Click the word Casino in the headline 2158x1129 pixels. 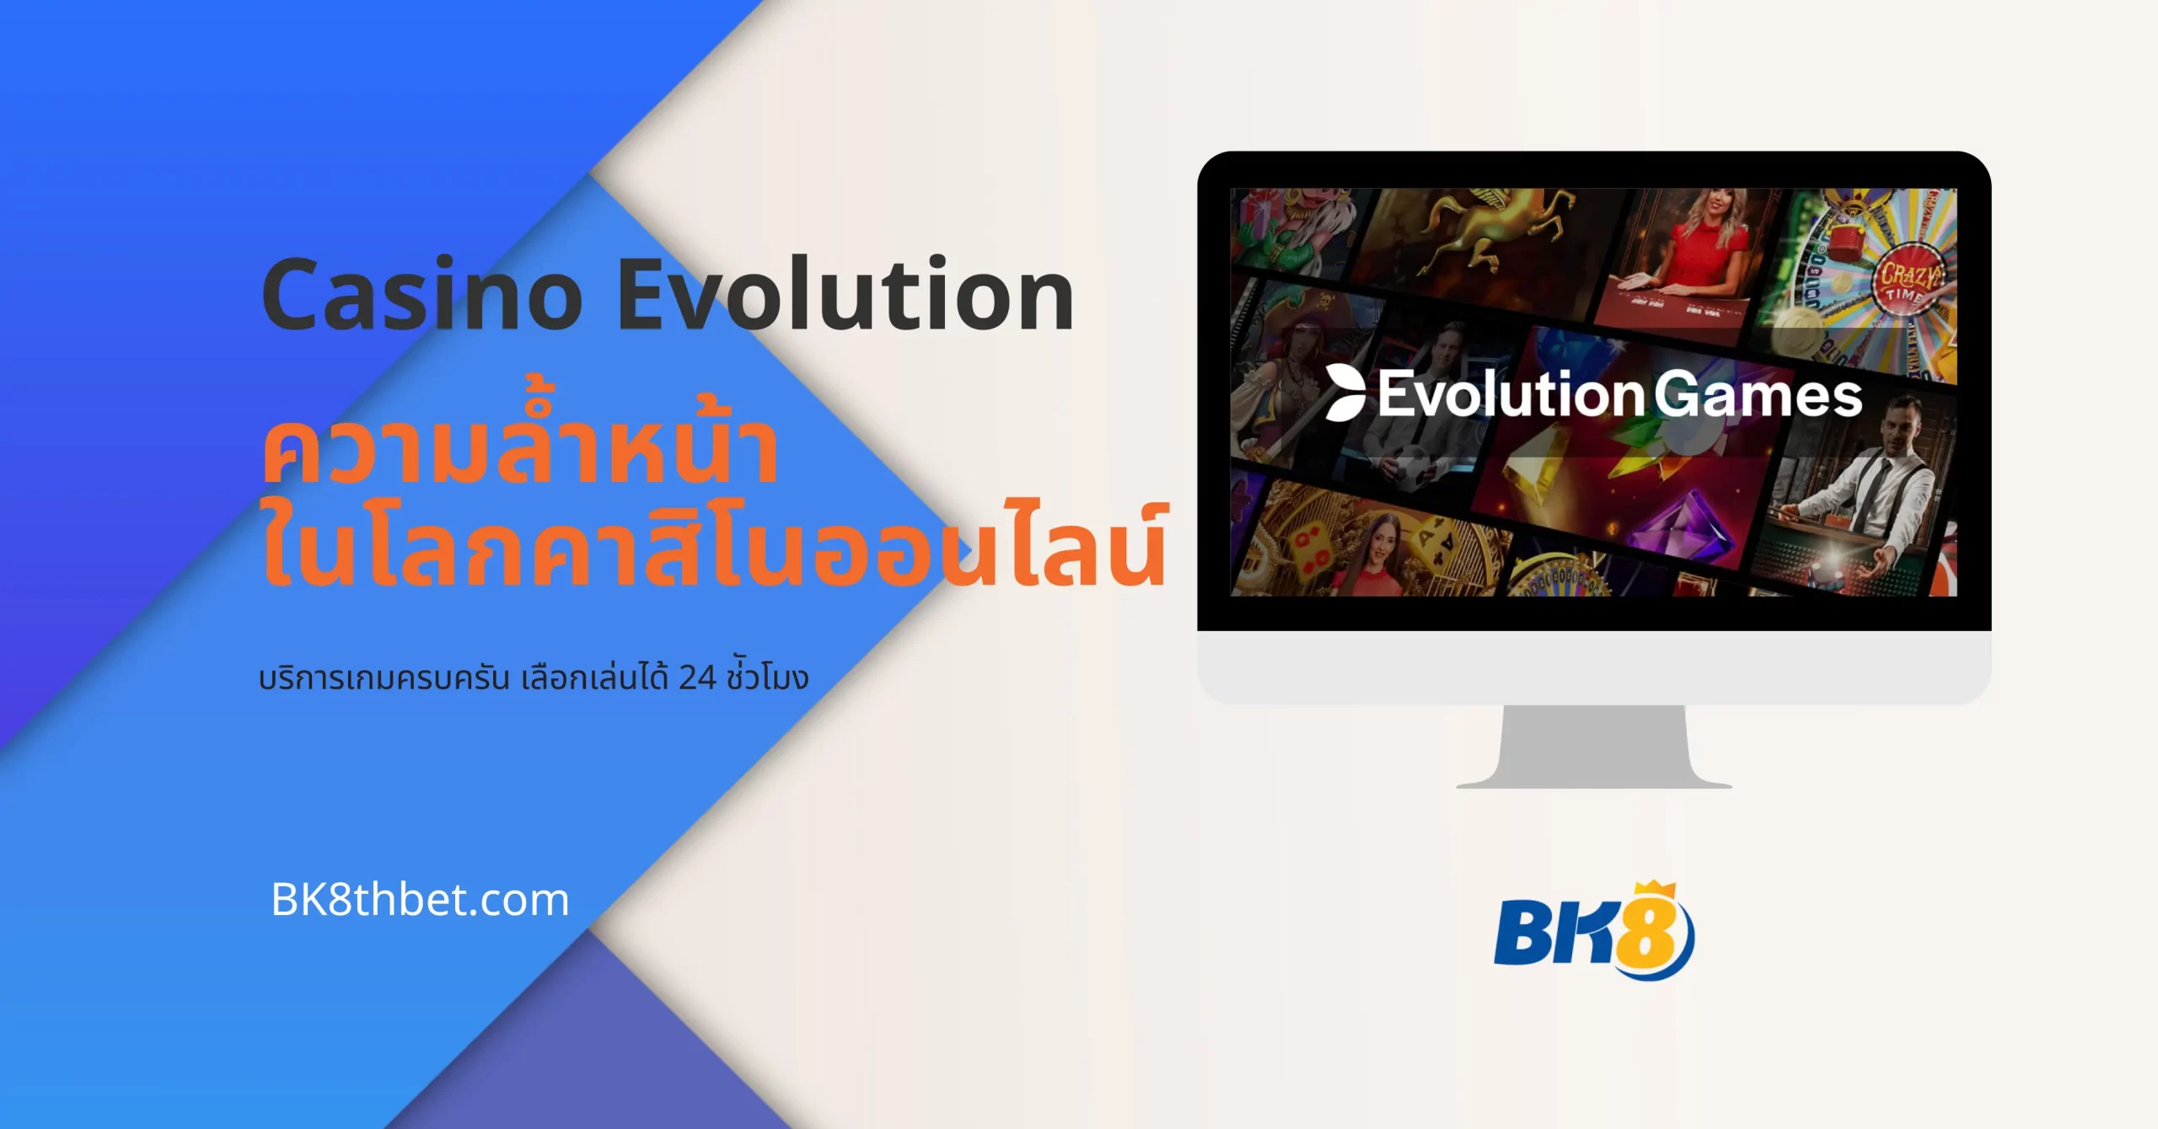(x=421, y=295)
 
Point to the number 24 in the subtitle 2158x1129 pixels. (x=697, y=677)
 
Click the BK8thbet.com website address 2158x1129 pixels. (x=420, y=900)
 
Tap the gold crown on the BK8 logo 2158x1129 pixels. (x=1653, y=891)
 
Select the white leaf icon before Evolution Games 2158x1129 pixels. (x=1345, y=393)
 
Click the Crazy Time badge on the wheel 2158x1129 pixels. (x=1909, y=281)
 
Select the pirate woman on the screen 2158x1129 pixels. (x=1290, y=371)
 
